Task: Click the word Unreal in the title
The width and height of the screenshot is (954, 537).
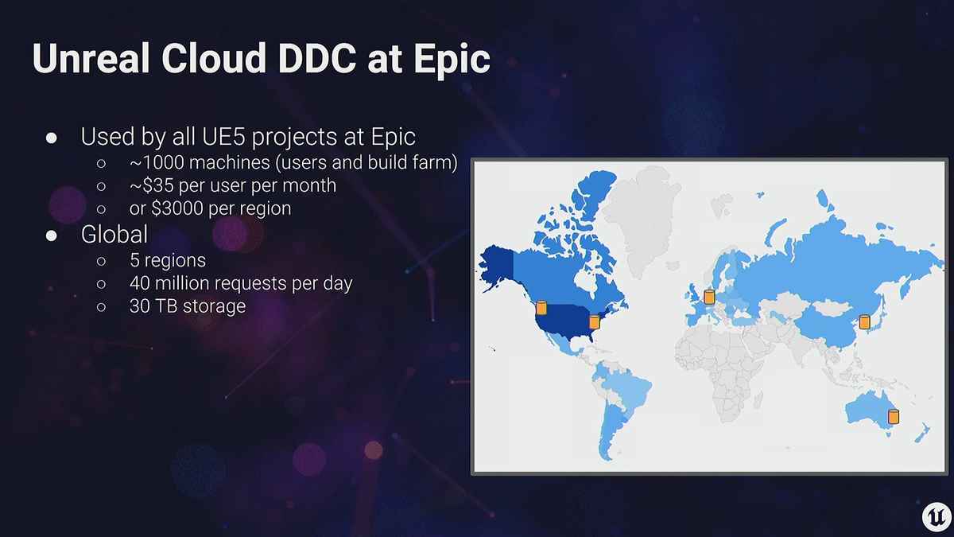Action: (91, 58)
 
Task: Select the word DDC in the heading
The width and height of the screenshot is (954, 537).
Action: (317, 58)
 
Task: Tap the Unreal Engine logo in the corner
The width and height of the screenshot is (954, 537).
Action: (936, 517)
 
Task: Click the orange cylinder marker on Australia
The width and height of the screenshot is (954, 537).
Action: (894, 416)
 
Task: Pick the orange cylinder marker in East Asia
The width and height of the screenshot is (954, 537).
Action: (865, 321)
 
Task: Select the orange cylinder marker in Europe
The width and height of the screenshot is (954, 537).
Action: (709, 297)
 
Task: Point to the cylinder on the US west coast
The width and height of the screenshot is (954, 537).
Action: (541, 307)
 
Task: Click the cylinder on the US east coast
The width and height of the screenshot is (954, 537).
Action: (595, 321)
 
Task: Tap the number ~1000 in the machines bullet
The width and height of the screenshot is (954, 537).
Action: (157, 162)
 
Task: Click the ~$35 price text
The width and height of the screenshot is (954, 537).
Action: (152, 185)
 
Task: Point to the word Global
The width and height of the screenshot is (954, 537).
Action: (114, 235)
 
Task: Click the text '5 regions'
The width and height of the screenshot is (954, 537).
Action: (168, 260)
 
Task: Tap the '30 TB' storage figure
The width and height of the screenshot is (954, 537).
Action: (153, 306)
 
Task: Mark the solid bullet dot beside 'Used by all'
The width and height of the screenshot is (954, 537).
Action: (52, 138)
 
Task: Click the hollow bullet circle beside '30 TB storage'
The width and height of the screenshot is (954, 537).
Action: (101, 307)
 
